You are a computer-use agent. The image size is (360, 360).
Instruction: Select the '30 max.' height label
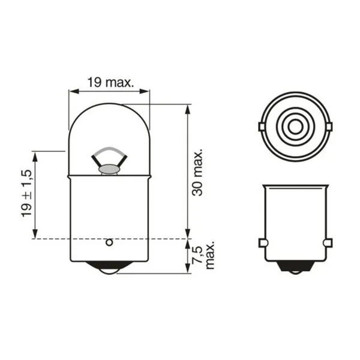point(199,172)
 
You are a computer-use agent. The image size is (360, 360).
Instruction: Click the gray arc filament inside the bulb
point(109,151)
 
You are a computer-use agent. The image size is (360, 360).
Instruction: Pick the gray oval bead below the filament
point(109,170)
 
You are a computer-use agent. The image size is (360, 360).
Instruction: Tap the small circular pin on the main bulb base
point(109,242)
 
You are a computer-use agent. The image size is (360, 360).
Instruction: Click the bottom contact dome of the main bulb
point(109,268)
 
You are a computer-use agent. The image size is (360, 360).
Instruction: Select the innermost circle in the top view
point(294,127)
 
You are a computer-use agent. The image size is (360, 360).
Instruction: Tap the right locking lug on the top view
point(328,127)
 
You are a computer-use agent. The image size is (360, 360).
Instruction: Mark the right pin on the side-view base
point(328,242)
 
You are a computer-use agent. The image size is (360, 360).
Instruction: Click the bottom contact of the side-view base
point(295,268)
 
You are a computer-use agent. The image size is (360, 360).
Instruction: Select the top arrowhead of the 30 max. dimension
point(188,109)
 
